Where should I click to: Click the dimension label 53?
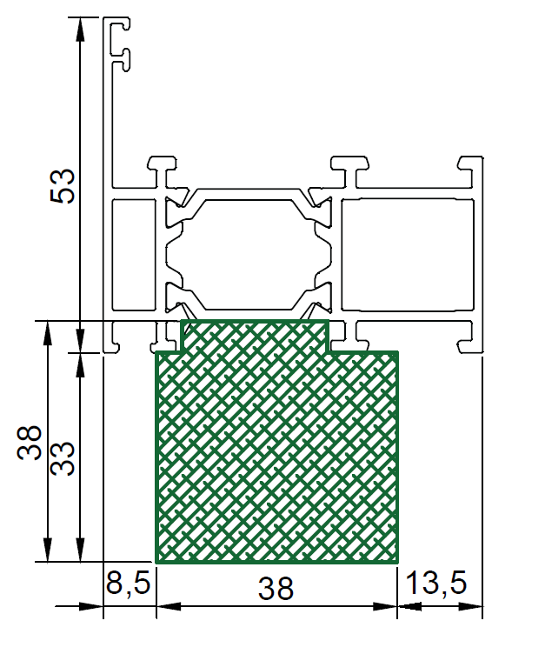(63, 186)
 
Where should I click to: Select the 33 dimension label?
(63, 459)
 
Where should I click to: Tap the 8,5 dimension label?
(128, 583)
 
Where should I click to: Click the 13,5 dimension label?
(436, 583)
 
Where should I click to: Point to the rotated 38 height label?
(30, 443)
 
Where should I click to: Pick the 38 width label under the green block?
(276, 589)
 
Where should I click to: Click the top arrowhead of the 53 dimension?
(80, 30)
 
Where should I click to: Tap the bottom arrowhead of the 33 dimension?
(80, 550)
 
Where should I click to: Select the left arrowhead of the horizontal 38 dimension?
(169, 606)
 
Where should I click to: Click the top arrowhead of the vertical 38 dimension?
(48, 333)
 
